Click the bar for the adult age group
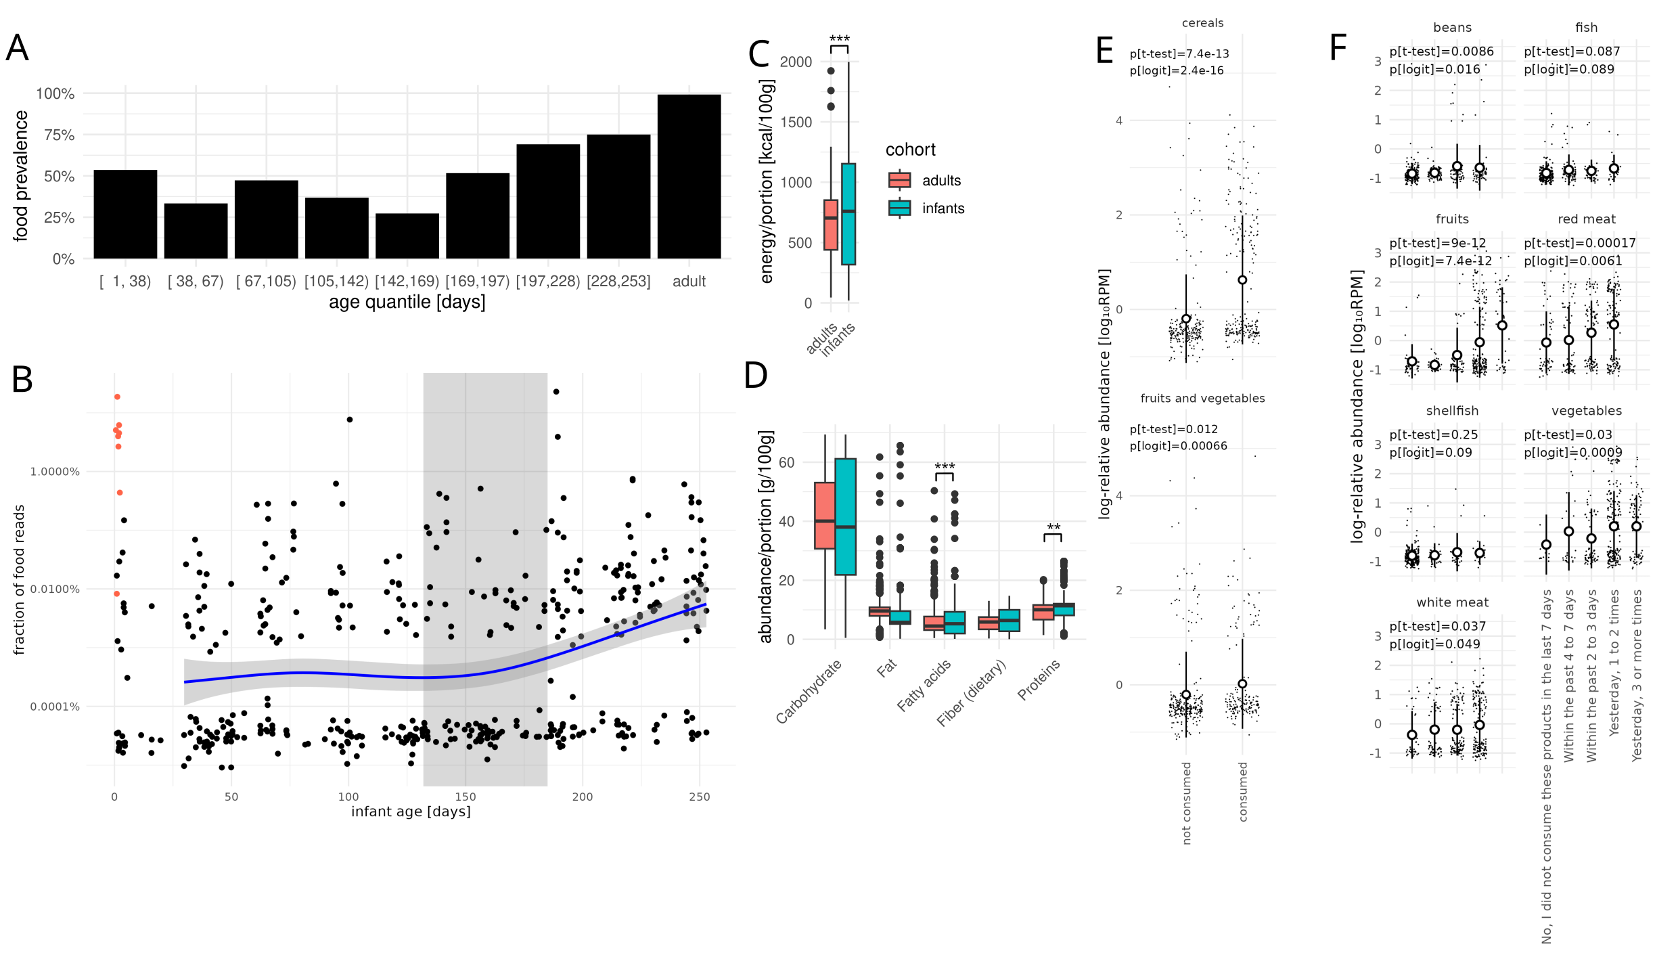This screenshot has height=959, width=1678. click(x=689, y=177)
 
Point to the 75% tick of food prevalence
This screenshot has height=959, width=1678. click(x=59, y=135)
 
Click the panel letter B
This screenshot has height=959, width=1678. click(x=22, y=380)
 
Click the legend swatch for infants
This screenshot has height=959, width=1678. click(x=899, y=208)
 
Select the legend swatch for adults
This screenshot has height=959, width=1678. click(x=899, y=180)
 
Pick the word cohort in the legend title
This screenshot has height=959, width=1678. click(x=910, y=150)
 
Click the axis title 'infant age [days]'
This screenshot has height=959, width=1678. click(x=411, y=811)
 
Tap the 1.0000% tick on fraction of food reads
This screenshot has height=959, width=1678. click(x=55, y=472)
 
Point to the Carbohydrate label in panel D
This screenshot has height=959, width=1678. click(x=809, y=691)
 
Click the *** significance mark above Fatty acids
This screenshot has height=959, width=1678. click(x=945, y=466)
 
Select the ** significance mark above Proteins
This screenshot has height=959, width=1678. click(x=1053, y=527)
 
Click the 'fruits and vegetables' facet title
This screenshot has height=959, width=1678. click(x=1202, y=399)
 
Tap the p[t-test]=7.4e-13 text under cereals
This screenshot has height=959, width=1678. click(x=1179, y=54)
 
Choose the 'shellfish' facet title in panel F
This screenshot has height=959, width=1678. click(x=1452, y=411)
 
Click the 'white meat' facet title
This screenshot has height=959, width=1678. click(x=1452, y=602)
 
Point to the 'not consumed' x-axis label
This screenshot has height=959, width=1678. click(x=1186, y=803)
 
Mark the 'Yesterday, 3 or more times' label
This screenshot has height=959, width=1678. click(x=1637, y=675)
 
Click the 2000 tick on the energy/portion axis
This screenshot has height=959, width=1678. click(x=796, y=62)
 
